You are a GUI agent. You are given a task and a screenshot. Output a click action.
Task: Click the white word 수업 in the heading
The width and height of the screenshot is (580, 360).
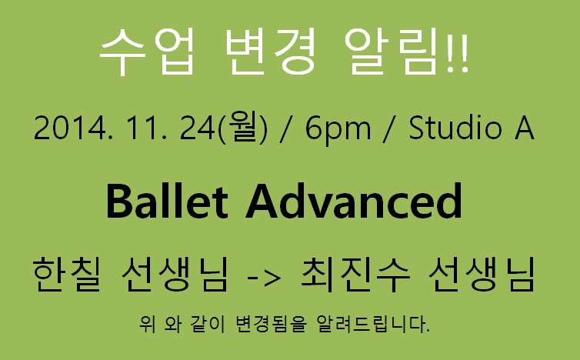(147, 52)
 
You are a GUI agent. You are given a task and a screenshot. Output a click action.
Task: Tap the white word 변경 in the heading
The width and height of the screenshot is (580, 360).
(271, 52)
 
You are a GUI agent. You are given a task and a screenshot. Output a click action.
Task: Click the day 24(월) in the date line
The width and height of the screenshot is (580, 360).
(223, 128)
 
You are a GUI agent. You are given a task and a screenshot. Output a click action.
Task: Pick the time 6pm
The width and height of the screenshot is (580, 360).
(338, 129)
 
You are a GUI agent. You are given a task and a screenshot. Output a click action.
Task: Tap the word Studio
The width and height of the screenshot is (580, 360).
(455, 127)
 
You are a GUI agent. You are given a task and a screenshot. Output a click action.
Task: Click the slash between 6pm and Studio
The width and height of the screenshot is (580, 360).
(389, 128)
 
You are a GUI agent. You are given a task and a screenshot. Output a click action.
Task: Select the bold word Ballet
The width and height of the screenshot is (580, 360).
(167, 202)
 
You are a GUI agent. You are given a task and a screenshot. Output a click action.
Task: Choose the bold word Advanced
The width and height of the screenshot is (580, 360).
(354, 202)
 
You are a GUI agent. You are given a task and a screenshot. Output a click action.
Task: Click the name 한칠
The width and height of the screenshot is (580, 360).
(67, 275)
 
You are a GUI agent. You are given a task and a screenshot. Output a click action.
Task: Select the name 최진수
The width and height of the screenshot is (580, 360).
(355, 275)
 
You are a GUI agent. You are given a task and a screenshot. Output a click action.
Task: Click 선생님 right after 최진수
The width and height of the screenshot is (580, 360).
(482, 275)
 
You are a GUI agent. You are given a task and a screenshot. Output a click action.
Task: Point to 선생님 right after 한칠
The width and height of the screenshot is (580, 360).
(174, 275)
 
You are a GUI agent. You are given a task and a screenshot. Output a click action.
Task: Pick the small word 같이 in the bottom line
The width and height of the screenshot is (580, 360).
(208, 324)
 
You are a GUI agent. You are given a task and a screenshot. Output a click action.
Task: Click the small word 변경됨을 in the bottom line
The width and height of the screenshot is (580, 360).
(271, 324)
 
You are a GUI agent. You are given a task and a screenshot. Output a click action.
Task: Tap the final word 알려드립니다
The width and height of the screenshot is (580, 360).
(373, 324)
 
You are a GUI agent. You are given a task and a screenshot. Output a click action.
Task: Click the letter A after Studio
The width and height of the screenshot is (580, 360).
(524, 127)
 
